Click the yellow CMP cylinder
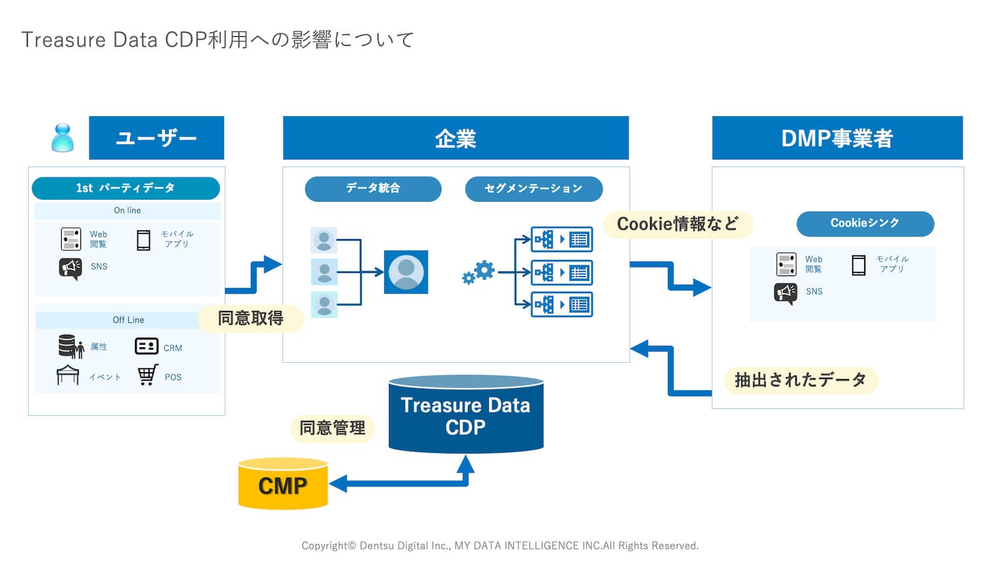pos(283,485)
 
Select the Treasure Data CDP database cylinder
pos(466,416)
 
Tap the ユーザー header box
pos(156,138)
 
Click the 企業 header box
pos(455,138)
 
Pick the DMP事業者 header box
pos(837,138)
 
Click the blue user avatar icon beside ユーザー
pos(62,138)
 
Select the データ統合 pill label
pos(373,189)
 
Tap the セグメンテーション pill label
pos(533,189)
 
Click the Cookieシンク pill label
pos(865,224)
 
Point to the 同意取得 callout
pos(250,318)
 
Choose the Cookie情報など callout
pos(677,224)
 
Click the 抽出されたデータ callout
pos(800,380)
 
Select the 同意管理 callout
pos(332,428)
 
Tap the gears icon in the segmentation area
pos(478,272)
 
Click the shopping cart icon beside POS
pos(147,375)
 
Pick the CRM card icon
pos(146,346)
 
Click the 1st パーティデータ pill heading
pos(125,188)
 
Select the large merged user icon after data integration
pos(406,272)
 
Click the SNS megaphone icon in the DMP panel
pos(785,292)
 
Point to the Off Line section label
pos(128,320)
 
